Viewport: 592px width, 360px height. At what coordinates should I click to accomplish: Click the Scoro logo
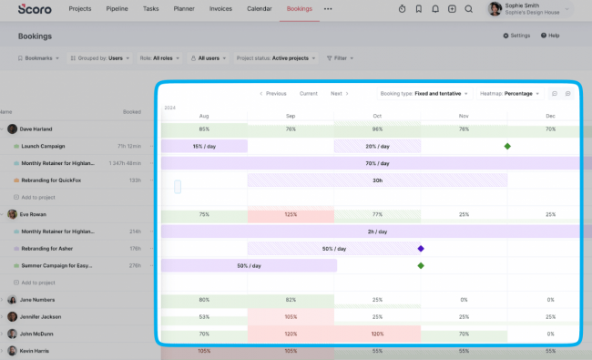[34, 8]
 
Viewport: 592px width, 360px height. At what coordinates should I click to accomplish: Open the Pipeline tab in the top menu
[116, 8]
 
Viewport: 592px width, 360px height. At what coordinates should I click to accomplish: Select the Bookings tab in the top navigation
[299, 8]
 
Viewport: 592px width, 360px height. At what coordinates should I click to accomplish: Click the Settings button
[516, 36]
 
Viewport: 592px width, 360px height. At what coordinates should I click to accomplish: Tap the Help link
[550, 36]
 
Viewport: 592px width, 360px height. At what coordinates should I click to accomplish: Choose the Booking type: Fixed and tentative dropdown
[424, 93]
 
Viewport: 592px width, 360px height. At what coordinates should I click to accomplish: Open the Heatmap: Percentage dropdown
[509, 93]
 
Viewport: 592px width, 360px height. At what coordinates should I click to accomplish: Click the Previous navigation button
[273, 93]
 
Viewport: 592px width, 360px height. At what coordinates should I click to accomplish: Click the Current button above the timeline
[309, 93]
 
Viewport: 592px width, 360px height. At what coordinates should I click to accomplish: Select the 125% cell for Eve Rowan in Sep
[291, 214]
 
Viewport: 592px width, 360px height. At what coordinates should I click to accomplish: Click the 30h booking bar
[377, 180]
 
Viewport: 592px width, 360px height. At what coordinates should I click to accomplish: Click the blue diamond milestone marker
[421, 248]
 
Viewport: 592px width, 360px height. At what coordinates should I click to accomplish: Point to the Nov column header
[464, 116]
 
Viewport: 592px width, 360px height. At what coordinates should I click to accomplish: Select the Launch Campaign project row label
[44, 146]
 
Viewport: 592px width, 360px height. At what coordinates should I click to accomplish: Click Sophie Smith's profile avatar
[495, 9]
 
